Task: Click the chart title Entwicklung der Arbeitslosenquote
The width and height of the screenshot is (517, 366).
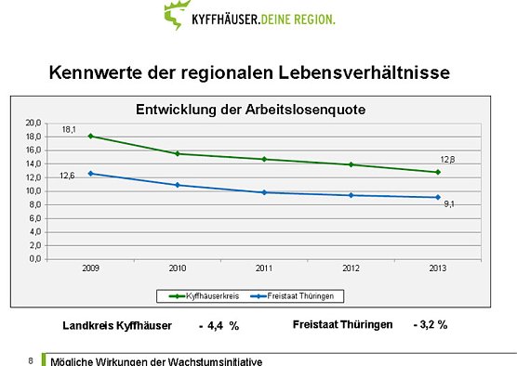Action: [x=250, y=109]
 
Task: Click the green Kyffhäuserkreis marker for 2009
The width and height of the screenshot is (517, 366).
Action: [x=90, y=137]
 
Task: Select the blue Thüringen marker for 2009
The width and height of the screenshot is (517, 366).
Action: [x=90, y=174]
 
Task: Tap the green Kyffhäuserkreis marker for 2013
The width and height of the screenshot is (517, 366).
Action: [x=437, y=172]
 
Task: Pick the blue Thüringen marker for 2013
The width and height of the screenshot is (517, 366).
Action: [x=437, y=197]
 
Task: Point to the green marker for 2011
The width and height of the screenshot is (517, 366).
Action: [x=264, y=159]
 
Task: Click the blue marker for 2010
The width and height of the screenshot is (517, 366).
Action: [x=177, y=185]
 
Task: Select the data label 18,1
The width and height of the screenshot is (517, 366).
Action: [x=70, y=129]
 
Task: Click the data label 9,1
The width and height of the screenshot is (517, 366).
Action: [x=448, y=203]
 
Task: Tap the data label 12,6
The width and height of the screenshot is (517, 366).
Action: [x=68, y=176]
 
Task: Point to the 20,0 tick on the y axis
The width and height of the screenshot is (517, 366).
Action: [x=33, y=123]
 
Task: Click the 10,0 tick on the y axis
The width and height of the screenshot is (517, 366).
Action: [x=33, y=190]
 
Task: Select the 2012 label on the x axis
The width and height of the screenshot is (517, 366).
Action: [x=351, y=268]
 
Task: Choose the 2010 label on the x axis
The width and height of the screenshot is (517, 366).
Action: [x=177, y=268]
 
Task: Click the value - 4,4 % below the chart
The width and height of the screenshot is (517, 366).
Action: [x=219, y=326]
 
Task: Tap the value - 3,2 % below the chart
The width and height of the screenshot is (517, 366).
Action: [x=431, y=325]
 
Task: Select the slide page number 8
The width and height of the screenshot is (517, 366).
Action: [x=31, y=359]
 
